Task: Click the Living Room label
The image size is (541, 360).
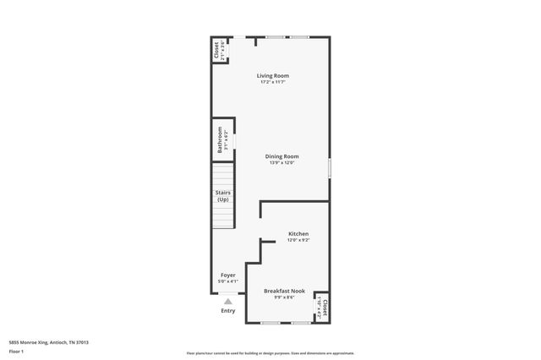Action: pyautogui.click(x=272, y=76)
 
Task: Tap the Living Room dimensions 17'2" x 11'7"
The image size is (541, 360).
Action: pyautogui.click(x=272, y=82)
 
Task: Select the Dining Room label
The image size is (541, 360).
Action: pyautogui.click(x=282, y=156)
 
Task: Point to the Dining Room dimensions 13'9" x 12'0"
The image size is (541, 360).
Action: pyautogui.click(x=282, y=162)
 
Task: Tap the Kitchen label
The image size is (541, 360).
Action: pyautogui.click(x=298, y=233)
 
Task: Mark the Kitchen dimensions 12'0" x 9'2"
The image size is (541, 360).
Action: pyautogui.click(x=298, y=240)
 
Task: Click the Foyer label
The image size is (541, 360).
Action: pyautogui.click(x=228, y=275)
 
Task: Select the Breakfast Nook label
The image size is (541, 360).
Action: pyautogui.click(x=284, y=291)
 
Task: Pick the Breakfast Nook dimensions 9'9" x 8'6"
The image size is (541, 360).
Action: pyautogui.click(x=284, y=297)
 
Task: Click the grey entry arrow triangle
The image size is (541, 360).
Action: pyautogui.click(x=227, y=301)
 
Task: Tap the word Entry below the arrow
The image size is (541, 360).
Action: pyautogui.click(x=228, y=310)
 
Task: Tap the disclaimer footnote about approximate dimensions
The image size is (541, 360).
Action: pyautogui.click(x=270, y=353)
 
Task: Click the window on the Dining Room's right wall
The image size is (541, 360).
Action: pyautogui.click(x=329, y=166)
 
